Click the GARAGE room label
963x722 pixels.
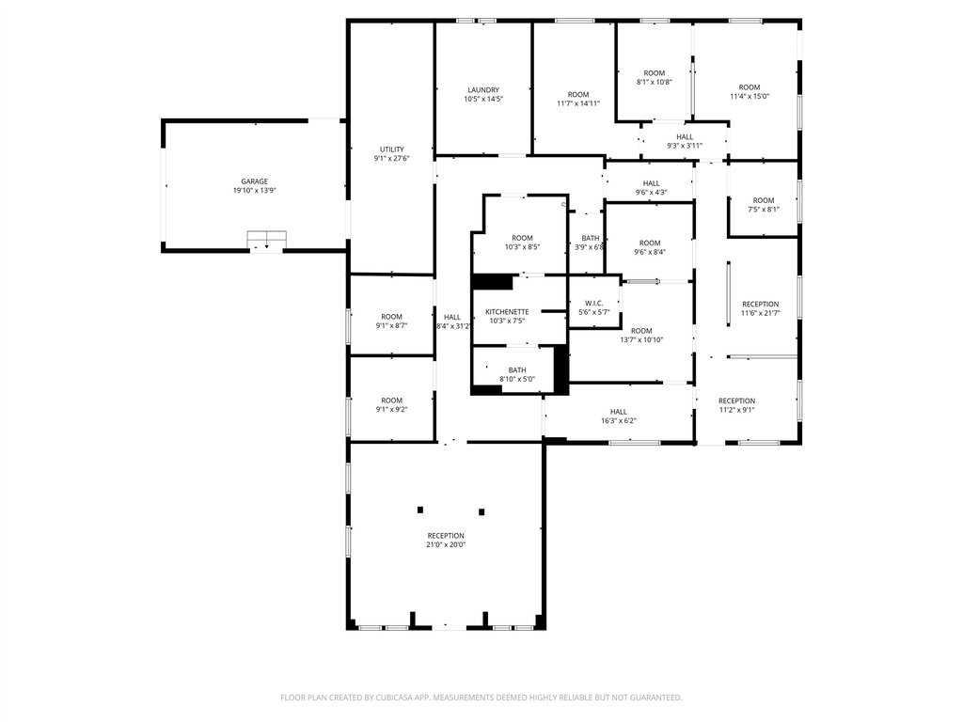(x=254, y=181)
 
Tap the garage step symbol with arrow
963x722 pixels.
(x=266, y=240)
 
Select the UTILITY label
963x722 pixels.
(x=392, y=149)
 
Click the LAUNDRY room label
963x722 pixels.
(x=483, y=90)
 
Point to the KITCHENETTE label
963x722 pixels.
(x=507, y=312)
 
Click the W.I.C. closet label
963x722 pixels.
(x=594, y=304)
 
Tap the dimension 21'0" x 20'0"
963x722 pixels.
(x=446, y=544)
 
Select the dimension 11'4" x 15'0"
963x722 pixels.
(x=750, y=97)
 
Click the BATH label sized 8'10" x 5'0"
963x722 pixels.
(x=517, y=370)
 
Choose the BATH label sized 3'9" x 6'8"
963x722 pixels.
(x=591, y=238)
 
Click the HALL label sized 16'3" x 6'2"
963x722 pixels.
(x=619, y=412)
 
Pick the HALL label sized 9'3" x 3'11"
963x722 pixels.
(x=685, y=137)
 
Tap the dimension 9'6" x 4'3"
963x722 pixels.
(x=651, y=192)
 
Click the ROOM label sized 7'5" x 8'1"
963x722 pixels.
(x=764, y=201)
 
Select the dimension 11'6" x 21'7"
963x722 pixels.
(x=760, y=313)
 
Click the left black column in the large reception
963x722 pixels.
(x=420, y=510)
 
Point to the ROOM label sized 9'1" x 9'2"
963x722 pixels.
(x=392, y=400)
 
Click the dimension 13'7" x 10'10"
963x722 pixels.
(x=641, y=340)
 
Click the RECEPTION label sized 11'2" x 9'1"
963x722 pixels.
(x=737, y=401)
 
